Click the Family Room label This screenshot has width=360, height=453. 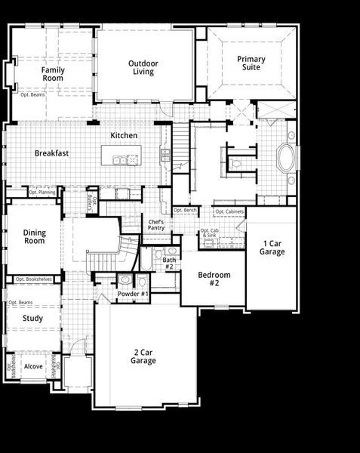pyautogui.click(x=53, y=74)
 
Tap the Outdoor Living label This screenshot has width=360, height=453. pyautogui.click(x=141, y=68)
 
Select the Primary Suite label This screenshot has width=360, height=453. pyautogui.click(x=251, y=63)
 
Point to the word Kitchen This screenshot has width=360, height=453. pyautogui.click(x=124, y=135)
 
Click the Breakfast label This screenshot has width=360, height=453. pyautogui.click(x=51, y=153)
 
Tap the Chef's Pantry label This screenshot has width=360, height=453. pyautogui.click(x=156, y=224)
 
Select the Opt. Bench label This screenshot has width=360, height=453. pyautogui.click(x=185, y=210)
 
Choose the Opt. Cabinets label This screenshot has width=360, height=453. pyautogui.click(x=229, y=211)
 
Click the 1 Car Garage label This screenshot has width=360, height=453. pyautogui.click(x=272, y=248)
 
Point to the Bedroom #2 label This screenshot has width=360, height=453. pyautogui.click(x=215, y=279)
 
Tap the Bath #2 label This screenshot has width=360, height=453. pyautogui.click(x=169, y=263)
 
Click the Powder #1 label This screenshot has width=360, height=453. pyautogui.click(x=133, y=293)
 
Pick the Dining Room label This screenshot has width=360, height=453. pyautogui.click(x=34, y=237)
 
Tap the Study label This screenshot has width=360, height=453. pyautogui.click(x=32, y=318)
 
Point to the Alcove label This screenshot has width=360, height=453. pyautogui.click(x=33, y=366)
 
